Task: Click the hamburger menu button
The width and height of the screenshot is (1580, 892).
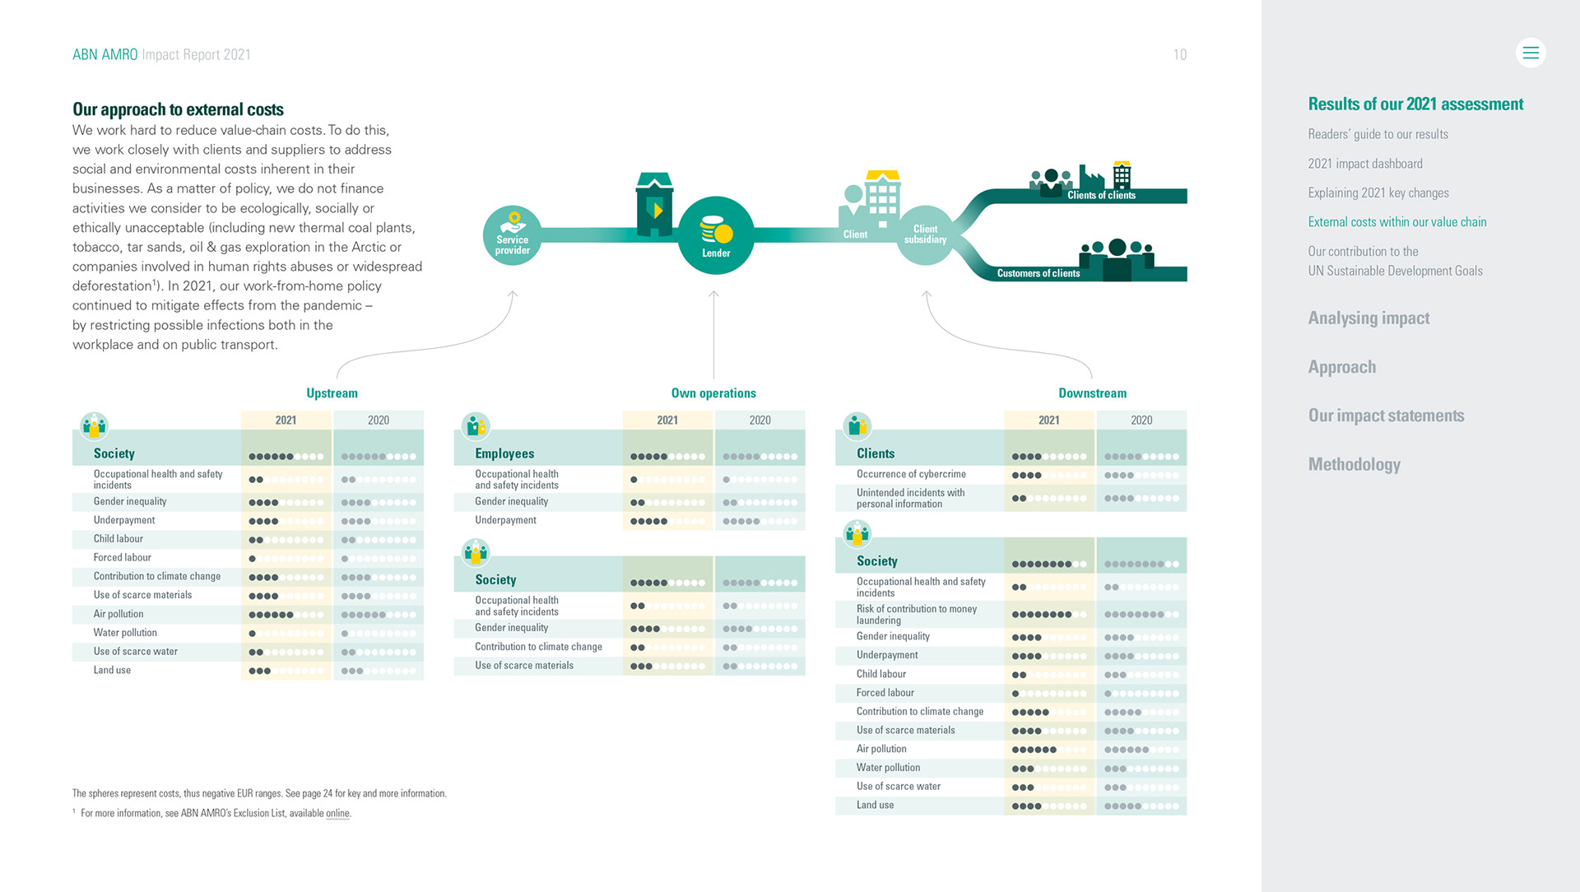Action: (1530, 53)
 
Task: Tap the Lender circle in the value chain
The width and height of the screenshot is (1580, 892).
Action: (716, 235)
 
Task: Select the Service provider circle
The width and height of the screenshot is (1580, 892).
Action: (512, 237)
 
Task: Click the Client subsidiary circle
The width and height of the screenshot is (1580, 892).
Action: (925, 235)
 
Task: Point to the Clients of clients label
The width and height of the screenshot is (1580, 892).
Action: (1101, 196)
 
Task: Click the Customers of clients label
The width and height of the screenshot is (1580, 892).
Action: (1038, 273)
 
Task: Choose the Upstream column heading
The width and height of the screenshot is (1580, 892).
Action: (332, 393)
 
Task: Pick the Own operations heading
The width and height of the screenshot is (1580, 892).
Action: (713, 393)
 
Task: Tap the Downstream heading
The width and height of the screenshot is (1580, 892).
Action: (1092, 393)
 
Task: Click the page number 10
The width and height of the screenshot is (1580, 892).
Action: (1179, 55)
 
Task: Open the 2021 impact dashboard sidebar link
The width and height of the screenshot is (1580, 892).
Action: (1364, 164)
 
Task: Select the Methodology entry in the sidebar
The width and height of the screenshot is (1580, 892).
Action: (1354, 464)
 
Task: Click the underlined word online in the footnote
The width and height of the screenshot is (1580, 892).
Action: (337, 813)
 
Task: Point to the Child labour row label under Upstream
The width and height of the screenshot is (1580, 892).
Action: (118, 539)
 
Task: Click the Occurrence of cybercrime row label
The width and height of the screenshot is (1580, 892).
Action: (911, 474)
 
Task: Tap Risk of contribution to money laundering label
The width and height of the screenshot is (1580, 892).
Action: (916, 614)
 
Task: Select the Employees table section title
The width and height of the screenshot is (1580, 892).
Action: (504, 453)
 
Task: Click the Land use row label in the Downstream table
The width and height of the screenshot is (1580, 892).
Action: (875, 805)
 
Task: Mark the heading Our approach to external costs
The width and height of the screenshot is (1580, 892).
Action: (178, 109)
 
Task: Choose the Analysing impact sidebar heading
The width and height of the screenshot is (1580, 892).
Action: (1369, 318)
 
